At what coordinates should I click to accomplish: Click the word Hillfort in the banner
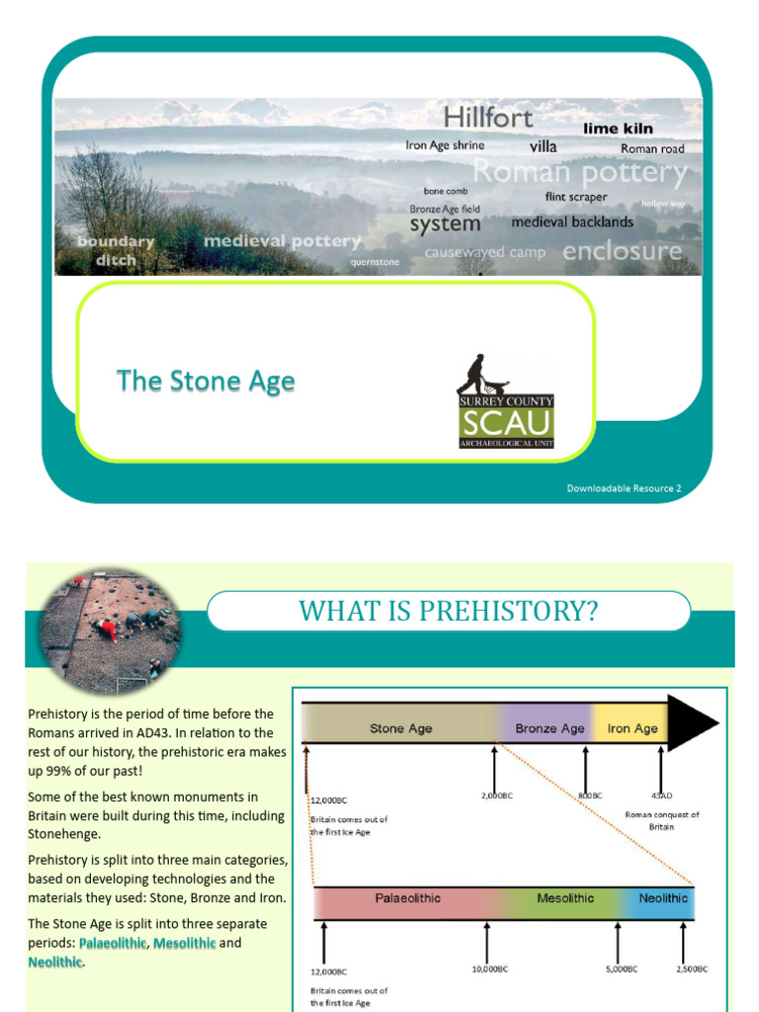click(487, 118)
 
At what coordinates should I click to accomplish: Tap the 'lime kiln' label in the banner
click(618, 128)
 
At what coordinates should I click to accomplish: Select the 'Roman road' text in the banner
click(652, 149)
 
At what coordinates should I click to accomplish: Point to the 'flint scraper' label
click(576, 197)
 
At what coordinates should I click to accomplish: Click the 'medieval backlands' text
click(572, 222)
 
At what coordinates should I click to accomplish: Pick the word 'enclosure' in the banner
click(622, 251)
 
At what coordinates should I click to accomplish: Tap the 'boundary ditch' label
click(116, 251)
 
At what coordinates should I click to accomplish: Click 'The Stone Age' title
click(206, 380)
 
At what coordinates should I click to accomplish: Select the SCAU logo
click(505, 402)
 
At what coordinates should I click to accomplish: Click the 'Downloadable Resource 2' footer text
click(624, 487)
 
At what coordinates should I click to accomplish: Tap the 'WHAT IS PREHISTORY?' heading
click(449, 612)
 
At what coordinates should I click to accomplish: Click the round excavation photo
click(110, 631)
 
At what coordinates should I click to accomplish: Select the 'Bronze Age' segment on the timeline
click(549, 728)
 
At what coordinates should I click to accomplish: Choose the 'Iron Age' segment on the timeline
click(632, 728)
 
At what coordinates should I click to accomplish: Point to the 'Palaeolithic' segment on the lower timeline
click(407, 898)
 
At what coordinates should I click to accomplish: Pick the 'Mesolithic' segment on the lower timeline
click(565, 898)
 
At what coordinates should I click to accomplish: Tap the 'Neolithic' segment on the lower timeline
click(663, 898)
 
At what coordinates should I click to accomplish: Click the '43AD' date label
click(662, 796)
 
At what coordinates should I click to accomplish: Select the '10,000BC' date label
click(488, 970)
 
